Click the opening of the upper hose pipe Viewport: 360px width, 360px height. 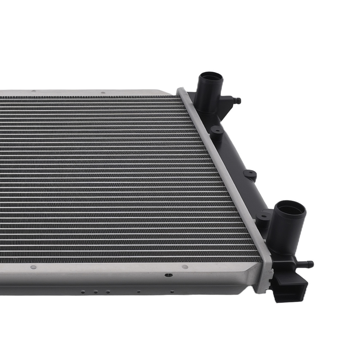(x=211, y=76)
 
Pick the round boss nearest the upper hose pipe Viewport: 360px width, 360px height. (x=216, y=129)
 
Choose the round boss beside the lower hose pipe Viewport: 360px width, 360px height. (x=264, y=216)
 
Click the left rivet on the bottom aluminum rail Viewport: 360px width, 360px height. (x=33, y=267)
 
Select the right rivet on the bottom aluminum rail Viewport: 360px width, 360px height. (x=185, y=267)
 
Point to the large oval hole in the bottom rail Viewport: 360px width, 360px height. (x=168, y=275)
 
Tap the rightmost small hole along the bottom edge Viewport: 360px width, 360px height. (x=172, y=292)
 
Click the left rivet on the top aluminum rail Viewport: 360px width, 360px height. (x=33, y=91)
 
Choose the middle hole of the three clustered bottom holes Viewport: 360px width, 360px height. (x=96, y=292)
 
